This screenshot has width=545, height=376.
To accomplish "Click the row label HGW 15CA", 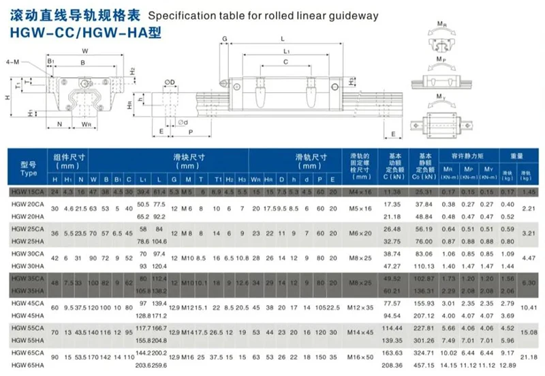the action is [x=26, y=192].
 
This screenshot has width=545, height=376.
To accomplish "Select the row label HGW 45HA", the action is [x=26, y=315].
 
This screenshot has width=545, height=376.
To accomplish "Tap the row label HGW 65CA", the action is [x=26, y=353].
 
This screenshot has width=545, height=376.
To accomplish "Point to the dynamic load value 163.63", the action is [x=394, y=353].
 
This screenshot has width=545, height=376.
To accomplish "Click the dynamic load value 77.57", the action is [x=394, y=302].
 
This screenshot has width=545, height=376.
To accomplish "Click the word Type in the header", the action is [x=28, y=173].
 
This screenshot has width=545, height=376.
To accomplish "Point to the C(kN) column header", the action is [x=394, y=177].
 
